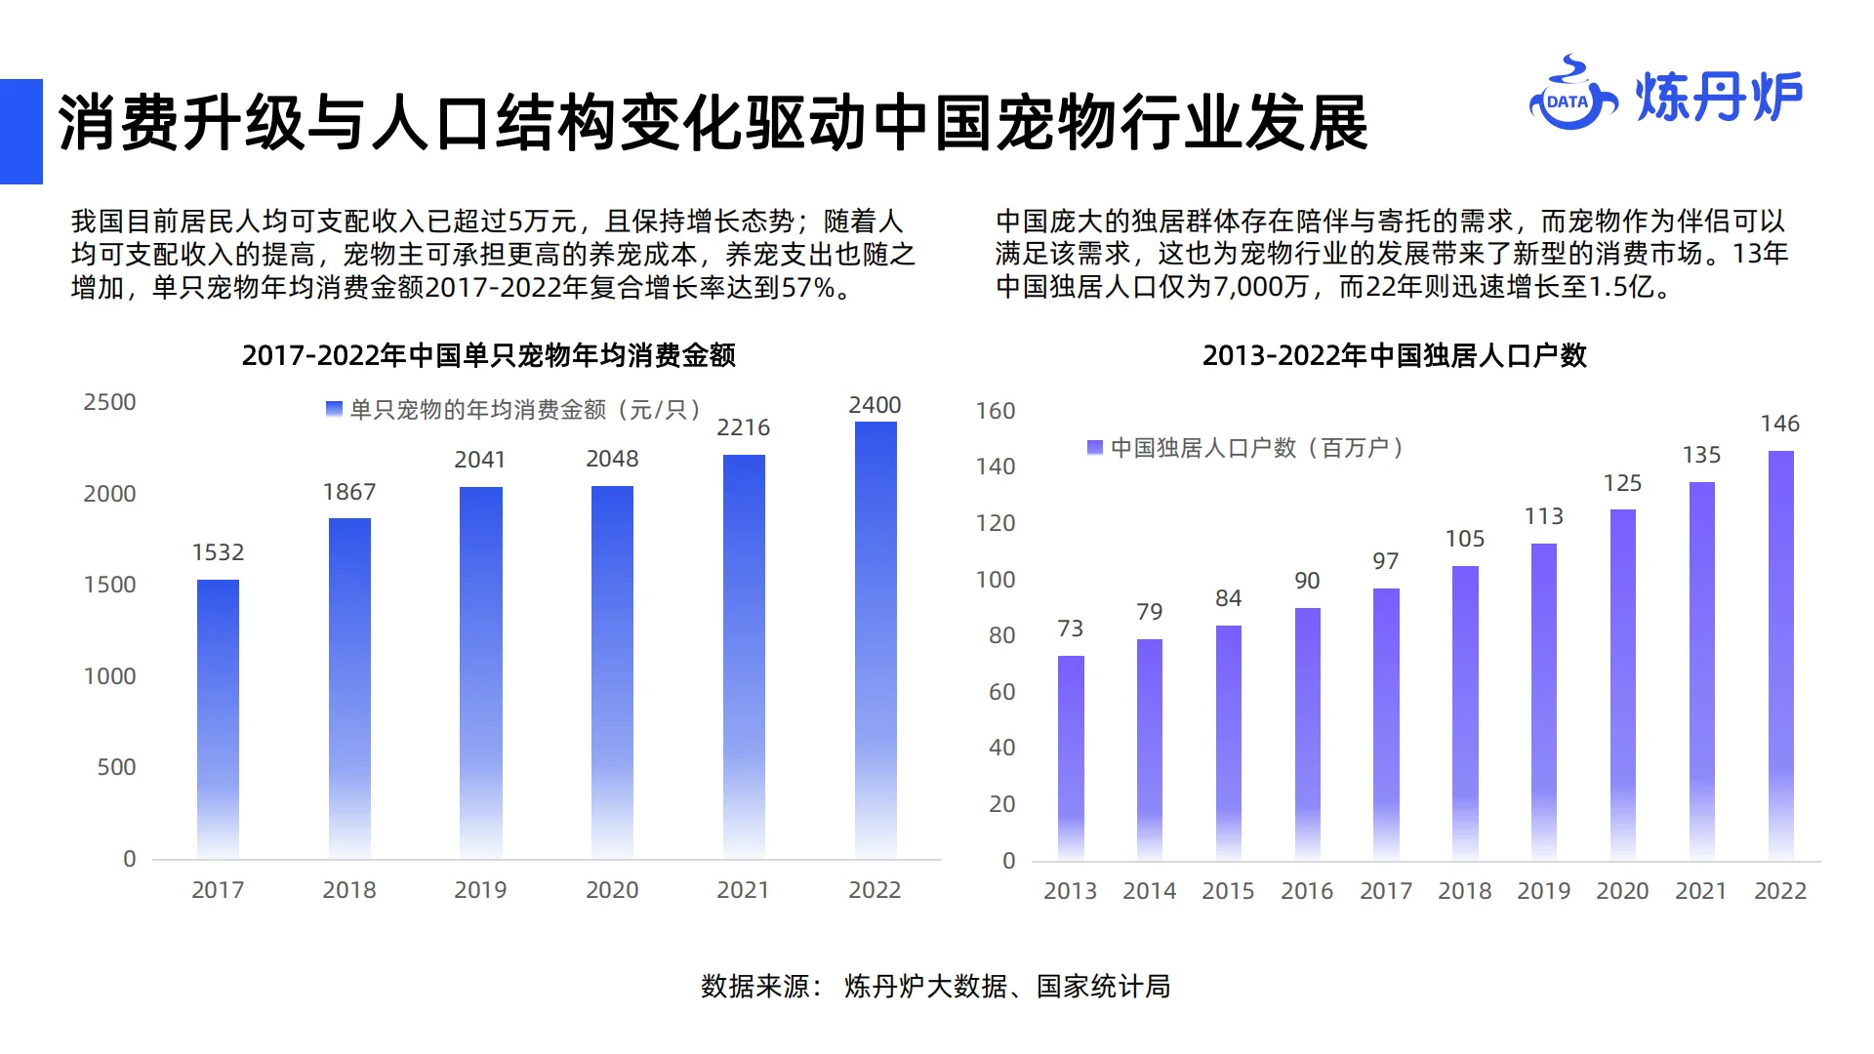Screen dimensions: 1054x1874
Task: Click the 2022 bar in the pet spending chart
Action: [876, 639]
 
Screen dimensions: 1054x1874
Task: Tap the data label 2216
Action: [743, 427]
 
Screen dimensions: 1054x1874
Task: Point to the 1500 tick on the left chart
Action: [109, 585]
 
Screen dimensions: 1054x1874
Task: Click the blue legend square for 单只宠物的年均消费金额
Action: [334, 409]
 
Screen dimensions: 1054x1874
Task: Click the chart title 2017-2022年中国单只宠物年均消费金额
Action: [488, 355]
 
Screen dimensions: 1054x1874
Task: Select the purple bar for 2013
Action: [1071, 757]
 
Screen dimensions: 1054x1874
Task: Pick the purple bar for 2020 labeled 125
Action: [1622, 683]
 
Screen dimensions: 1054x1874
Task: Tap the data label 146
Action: [1779, 424]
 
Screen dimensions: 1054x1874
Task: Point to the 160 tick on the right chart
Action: [996, 411]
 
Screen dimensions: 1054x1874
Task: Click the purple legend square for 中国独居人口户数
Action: [1094, 447]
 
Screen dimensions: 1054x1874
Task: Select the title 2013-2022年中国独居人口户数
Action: [1394, 355]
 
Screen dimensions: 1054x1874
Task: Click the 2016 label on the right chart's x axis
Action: [1307, 891]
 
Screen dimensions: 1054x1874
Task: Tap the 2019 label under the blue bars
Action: [480, 890]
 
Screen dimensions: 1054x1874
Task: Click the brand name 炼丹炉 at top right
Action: [1718, 98]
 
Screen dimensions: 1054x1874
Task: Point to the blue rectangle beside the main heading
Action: [20, 132]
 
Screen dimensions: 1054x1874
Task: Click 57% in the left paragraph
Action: [809, 288]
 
